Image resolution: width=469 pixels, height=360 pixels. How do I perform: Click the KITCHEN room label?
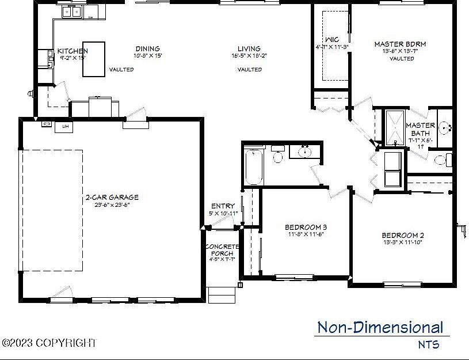73,51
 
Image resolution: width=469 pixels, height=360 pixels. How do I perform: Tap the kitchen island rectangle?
94,59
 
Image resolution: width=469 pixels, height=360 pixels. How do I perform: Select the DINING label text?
147,49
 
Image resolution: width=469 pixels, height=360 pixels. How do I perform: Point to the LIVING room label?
249,49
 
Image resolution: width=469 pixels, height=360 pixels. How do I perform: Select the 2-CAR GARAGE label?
108,198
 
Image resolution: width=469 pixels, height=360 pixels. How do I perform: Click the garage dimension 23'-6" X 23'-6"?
108,205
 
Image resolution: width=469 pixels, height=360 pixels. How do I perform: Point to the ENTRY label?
223,206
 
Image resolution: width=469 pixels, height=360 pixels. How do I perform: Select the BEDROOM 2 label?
402,235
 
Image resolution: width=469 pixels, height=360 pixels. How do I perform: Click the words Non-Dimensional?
380,328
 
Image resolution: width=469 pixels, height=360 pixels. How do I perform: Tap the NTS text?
428,345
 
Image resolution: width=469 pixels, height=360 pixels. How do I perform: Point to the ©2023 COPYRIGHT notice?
49,343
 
